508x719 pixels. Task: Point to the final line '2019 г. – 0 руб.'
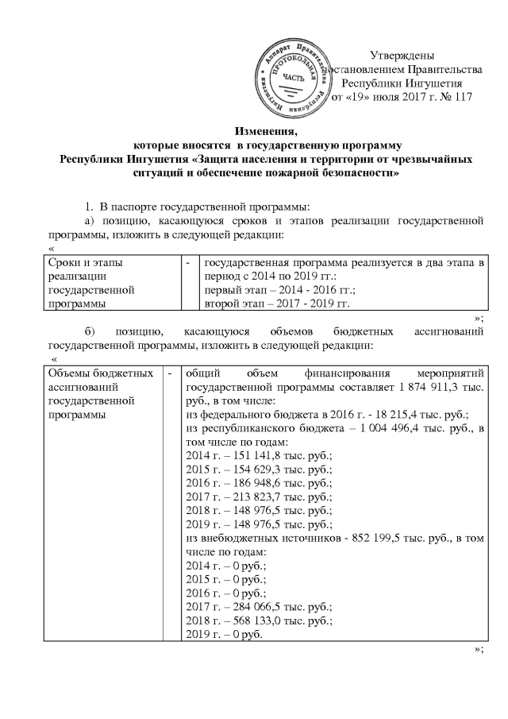pyautogui.click(x=225, y=633)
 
